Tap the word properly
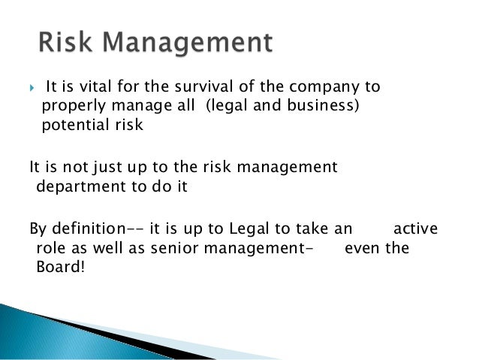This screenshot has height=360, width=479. pyautogui.click(x=70, y=107)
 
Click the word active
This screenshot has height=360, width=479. pyautogui.click(x=417, y=228)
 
